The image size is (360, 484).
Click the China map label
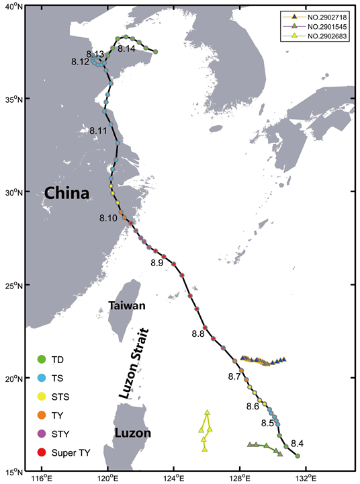tap(66, 194)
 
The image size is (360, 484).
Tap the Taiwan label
tap(127, 306)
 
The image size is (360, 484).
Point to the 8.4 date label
tap(298, 443)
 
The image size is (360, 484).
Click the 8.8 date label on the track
tap(198, 334)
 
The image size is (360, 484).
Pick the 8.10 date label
tap(108, 218)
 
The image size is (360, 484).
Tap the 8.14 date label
tap(126, 49)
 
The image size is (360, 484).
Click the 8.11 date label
tap(98, 130)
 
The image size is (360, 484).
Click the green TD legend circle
tap(42, 359)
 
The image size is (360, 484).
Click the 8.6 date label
tap(253, 407)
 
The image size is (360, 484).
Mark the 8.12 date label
tap(80, 62)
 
